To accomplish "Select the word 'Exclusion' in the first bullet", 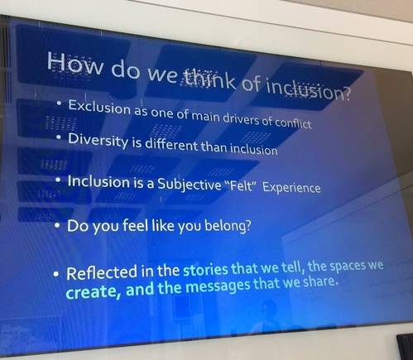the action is pyautogui.click(x=99, y=107).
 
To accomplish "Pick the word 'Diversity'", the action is pyautogui.click(x=98, y=141).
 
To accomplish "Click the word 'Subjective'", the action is pyautogui.click(x=189, y=184).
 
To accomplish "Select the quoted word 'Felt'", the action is pyautogui.click(x=242, y=186).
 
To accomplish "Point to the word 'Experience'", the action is pyautogui.click(x=291, y=187).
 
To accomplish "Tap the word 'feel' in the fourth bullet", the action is pyautogui.click(x=134, y=225).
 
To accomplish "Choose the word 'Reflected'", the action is pyautogui.click(x=102, y=272).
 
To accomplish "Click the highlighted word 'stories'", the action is pyautogui.click(x=205, y=270).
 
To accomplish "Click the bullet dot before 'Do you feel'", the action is pyautogui.click(x=57, y=225).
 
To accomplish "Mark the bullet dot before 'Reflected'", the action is pyautogui.click(x=56, y=275).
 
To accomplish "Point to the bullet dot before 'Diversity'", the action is pyautogui.click(x=59, y=137).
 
